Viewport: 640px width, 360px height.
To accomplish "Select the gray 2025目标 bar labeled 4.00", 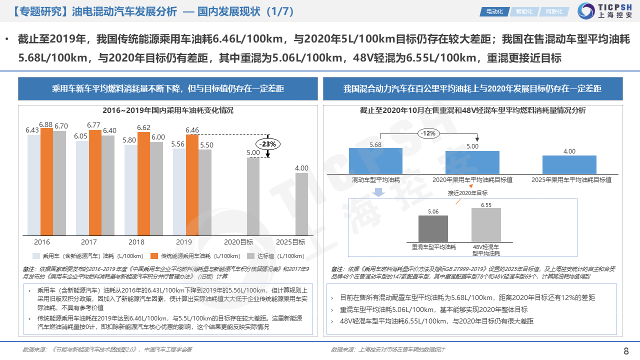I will click(x=301, y=204).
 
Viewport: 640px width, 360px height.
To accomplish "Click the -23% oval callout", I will click(x=269, y=144).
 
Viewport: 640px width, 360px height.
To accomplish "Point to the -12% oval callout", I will click(x=427, y=133).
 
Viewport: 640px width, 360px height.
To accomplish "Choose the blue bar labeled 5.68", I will click(x=375, y=161).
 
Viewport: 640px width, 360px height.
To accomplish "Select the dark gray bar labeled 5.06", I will click(x=433, y=228).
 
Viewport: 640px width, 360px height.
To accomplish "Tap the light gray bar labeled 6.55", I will click(x=486, y=225).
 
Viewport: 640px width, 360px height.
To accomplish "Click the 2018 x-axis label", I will click(x=136, y=242).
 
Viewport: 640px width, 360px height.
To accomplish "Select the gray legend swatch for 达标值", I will click(x=251, y=255).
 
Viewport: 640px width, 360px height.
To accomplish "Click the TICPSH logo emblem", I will click(x=586, y=11).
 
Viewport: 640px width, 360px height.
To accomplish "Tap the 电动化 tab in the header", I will click(x=494, y=11).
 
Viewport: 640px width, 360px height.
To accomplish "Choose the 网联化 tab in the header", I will click(x=553, y=11).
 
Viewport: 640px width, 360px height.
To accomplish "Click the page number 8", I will click(x=626, y=350).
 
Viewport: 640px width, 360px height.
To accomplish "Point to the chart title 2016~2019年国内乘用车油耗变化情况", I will click(x=168, y=110).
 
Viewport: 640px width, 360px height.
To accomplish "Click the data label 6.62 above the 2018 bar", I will click(x=143, y=127).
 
